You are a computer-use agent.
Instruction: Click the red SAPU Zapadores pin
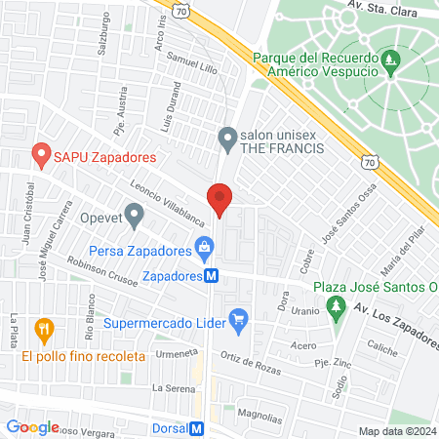(40, 154)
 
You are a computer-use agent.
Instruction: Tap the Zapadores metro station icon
(211, 276)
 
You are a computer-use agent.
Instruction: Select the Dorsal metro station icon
(197, 428)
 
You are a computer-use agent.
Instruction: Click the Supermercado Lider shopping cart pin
(237, 317)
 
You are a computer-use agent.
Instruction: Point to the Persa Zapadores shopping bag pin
(203, 249)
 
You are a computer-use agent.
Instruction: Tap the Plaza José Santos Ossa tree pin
(337, 307)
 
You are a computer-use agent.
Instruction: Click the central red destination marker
(220, 201)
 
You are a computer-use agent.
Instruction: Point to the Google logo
(32, 427)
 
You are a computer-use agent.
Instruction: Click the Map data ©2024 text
(396, 431)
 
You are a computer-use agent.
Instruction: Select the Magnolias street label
(259, 414)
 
